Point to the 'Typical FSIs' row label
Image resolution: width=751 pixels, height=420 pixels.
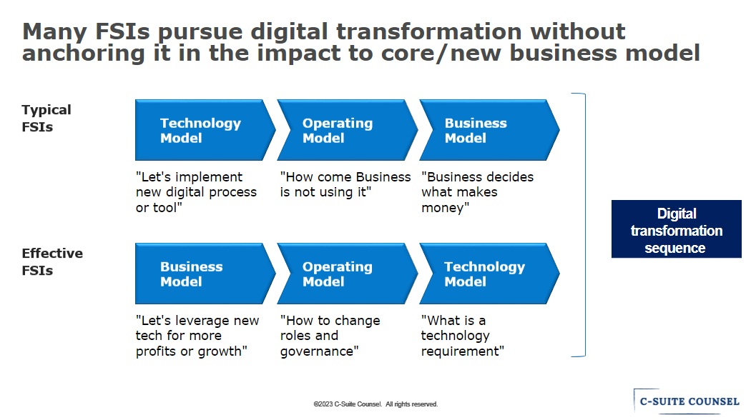[46, 118]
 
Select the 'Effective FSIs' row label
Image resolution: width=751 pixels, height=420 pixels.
[52, 261]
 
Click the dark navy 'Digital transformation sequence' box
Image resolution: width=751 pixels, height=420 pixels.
[677, 229]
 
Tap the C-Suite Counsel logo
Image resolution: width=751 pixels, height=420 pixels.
[687, 401]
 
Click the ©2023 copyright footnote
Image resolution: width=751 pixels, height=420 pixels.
[375, 404]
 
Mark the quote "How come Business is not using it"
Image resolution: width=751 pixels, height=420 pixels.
[345, 185]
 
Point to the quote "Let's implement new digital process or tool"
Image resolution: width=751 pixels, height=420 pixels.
[197, 192]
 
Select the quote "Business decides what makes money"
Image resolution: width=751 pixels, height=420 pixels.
[478, 192]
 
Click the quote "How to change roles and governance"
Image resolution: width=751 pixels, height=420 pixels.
[330, 336]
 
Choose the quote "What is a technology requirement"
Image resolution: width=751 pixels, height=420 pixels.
[463, 336]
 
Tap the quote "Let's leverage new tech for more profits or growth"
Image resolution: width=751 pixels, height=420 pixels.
[197, 336]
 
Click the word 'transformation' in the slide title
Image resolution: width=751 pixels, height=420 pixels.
[428, 31]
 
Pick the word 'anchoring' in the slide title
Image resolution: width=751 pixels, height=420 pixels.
[84, 54]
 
